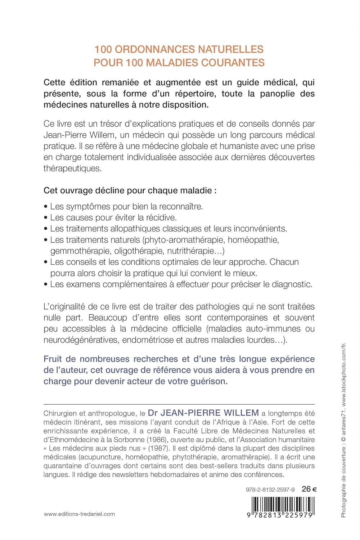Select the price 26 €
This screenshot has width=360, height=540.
coord(309,489)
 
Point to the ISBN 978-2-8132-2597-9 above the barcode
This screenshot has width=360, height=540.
coord(270,490)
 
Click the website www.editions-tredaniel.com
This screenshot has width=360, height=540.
coord(79,514)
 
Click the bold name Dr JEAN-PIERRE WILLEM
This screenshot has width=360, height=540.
coord(203,413)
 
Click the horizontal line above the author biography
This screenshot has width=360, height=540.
coord(179,404)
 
